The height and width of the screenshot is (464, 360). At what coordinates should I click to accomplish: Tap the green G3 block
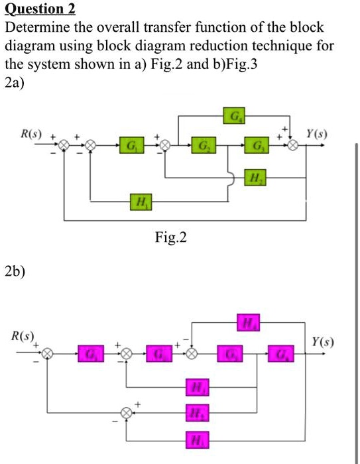point(255,144)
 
